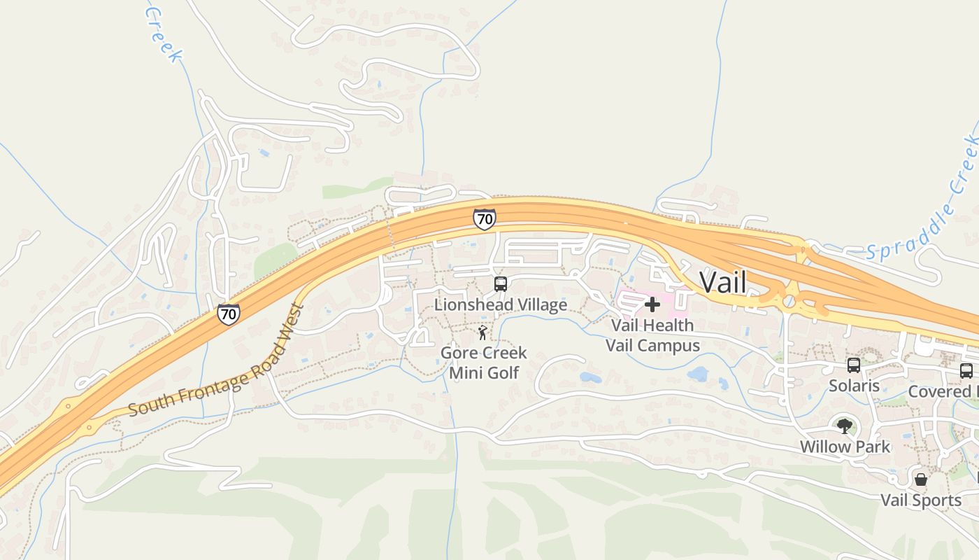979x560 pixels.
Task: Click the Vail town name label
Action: [722, 282]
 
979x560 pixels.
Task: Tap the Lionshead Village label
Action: [500, 304]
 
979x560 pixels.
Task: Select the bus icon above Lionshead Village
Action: [501, 284]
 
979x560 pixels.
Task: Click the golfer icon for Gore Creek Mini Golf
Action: [483, 332]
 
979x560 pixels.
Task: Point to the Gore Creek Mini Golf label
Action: [483, 363]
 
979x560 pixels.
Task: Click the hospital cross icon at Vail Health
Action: [652, 304]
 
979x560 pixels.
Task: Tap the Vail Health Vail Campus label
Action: [652, 335]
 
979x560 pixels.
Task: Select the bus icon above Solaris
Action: [854, 365]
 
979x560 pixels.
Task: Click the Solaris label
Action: [854, 386]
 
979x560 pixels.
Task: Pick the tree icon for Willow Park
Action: [845, 426]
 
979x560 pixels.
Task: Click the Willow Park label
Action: [845, 447]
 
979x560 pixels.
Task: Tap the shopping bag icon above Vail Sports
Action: [921, 479]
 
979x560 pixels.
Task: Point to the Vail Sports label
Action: [921, 500]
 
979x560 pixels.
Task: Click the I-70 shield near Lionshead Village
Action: [484, 219]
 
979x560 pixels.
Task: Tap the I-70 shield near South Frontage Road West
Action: [228, 314]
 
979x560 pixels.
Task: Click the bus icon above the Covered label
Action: [966, 371]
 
